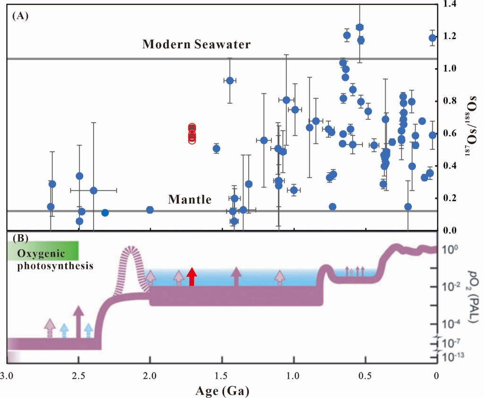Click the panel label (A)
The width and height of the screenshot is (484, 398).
[21, 16]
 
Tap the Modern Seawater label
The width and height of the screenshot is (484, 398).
[196, 44]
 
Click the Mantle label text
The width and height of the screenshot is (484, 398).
[190, 200]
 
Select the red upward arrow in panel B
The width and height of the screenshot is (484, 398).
[191, 276]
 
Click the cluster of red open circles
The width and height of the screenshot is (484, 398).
[192, 134]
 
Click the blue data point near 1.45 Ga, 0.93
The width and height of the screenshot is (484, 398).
[230, 80]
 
